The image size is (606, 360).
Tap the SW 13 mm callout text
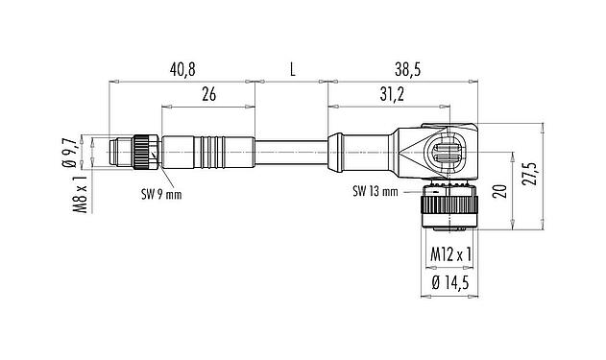click(375, 191)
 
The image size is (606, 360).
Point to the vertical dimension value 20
click(498, 190)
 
